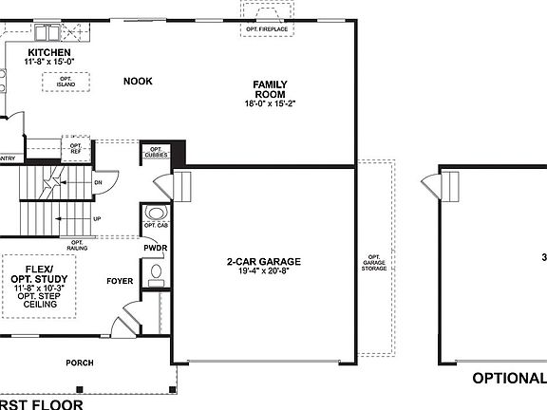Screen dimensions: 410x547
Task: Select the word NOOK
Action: coord(138,82)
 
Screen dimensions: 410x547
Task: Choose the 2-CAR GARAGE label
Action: coord(263,261)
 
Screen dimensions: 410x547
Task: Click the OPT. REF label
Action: coord(75,149)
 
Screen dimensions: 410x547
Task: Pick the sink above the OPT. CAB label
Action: coord(156,213)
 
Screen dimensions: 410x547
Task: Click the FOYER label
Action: coord(121,281)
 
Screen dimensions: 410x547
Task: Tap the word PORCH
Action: coord(79,363)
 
